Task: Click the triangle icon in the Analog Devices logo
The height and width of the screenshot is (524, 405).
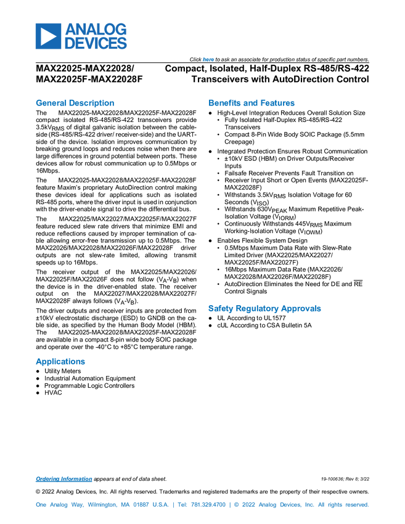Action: pyautogui.click(x=47, y=36)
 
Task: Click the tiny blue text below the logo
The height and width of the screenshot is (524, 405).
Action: pyautogui.click(x=207, y=59)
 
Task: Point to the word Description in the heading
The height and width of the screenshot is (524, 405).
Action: pyautogui.click(x=92, y=103)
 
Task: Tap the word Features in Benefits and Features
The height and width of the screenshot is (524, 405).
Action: pyautogui.click(x=278, y=103)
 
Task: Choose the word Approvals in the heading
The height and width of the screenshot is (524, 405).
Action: pyautogui.click(x=302, y=308)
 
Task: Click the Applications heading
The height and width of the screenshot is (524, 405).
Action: pyautogui.click(x=60, y=362)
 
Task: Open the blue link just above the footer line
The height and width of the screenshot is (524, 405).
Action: pyautogui.click(x=63, y=479)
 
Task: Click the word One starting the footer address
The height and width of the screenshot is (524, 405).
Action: pyautogui.click(x=41, y=505)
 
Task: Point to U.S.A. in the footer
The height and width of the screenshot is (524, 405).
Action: pyautogui.click(x=159, y=505)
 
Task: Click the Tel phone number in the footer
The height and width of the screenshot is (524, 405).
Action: pyautogui.click(x=201, y=505)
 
